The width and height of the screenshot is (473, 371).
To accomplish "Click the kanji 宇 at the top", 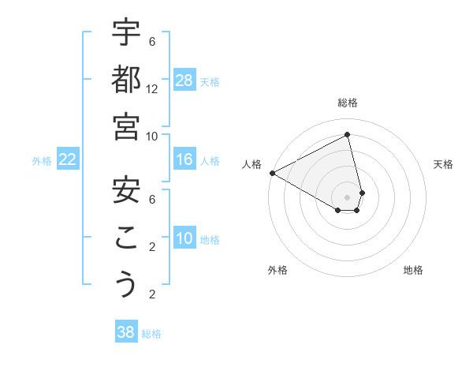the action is click(126, 34).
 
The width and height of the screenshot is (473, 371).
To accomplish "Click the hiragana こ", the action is click(126, 238).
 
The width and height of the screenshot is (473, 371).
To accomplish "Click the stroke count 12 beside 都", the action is click(153, 89).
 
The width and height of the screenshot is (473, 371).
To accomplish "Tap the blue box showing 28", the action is click(184, 80).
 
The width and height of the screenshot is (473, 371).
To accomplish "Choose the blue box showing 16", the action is click(184, 159).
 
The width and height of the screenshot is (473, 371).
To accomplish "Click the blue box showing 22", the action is click(67, 159).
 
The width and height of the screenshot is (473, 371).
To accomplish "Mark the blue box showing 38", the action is click(125, 332).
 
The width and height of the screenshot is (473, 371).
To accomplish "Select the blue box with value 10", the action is click(184, 239).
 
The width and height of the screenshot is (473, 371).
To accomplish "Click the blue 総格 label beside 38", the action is click(151, 334).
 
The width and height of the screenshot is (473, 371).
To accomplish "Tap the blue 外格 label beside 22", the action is click(42, 161).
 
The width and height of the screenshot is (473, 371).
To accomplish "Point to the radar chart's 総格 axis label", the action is click(348, 103).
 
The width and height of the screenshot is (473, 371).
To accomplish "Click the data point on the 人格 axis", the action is click(272, 173).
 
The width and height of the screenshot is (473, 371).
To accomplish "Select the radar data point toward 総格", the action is click(348, 135).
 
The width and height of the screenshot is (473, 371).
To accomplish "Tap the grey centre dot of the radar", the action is click(348, 197).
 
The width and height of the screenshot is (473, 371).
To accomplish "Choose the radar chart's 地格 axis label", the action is click(413, 270).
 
